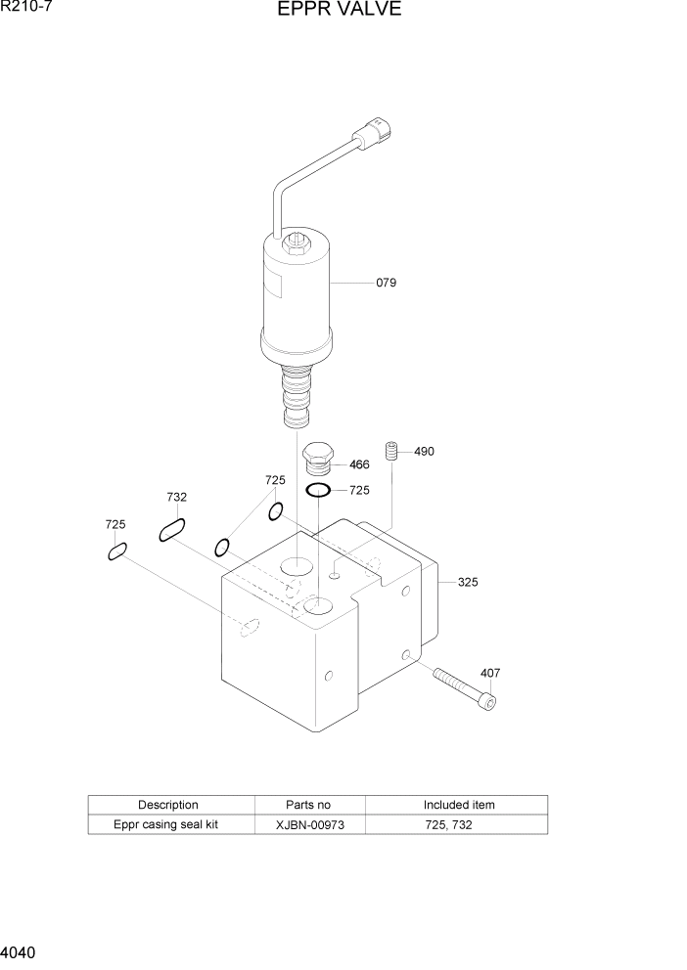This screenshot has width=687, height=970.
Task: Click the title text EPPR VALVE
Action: pyautogui.click(x=339, y=11)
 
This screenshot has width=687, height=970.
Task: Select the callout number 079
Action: pyautogui.click(x=386, y=283)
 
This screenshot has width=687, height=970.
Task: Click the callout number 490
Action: pyautogui.click(x=424, y=452)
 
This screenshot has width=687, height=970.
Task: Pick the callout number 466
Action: pyautogui.click(x=359, y=464)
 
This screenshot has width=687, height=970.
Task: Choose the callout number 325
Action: pyautogui.click(x=468, y=583)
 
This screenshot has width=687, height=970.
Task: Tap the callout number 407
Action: pyautogui.click(x=489, y=673)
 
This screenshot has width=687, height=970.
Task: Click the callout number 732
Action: pyautogui.click(x=176, y=498)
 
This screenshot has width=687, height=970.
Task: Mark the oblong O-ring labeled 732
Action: pyautogui.click(x=172, y=531)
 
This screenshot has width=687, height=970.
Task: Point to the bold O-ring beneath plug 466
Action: pyautogui.click(x=317, y=490)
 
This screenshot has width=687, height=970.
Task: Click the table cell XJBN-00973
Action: pyautogui.click(x=309, y=824)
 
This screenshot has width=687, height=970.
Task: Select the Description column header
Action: pyautogui.click(x=168, y=805)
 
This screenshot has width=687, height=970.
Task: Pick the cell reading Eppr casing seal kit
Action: pyautogui.click(x=165, y=824)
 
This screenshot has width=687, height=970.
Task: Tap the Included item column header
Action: pyautogui.click(x=458, y=805)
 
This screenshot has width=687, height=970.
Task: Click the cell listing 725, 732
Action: pyautogui.click(x=458, y=824)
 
